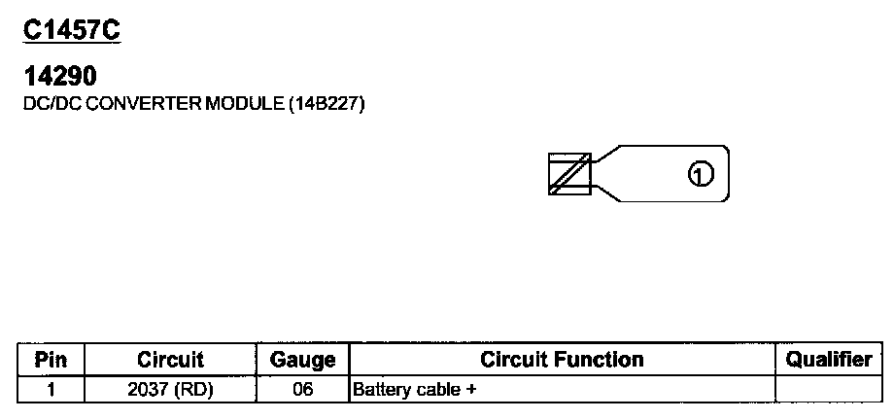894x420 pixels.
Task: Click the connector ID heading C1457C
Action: (71, 30)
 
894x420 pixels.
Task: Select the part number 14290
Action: (58, 76)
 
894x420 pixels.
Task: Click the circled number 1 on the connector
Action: (701, 174)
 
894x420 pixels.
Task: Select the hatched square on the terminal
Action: (569, 174)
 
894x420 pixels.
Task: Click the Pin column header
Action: (51, 360)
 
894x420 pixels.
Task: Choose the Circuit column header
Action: (170, 360)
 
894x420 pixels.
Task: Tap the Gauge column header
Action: (302, 360)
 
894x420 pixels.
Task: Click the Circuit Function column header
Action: (562, 360)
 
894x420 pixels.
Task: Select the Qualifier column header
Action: (829, 360)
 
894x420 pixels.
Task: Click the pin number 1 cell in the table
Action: (51, 390)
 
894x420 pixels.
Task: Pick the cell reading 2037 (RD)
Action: (170, 390)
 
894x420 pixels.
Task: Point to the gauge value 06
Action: (302, 390)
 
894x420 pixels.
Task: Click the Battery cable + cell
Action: (417, 390)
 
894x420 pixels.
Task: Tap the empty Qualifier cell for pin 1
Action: (829, 390)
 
